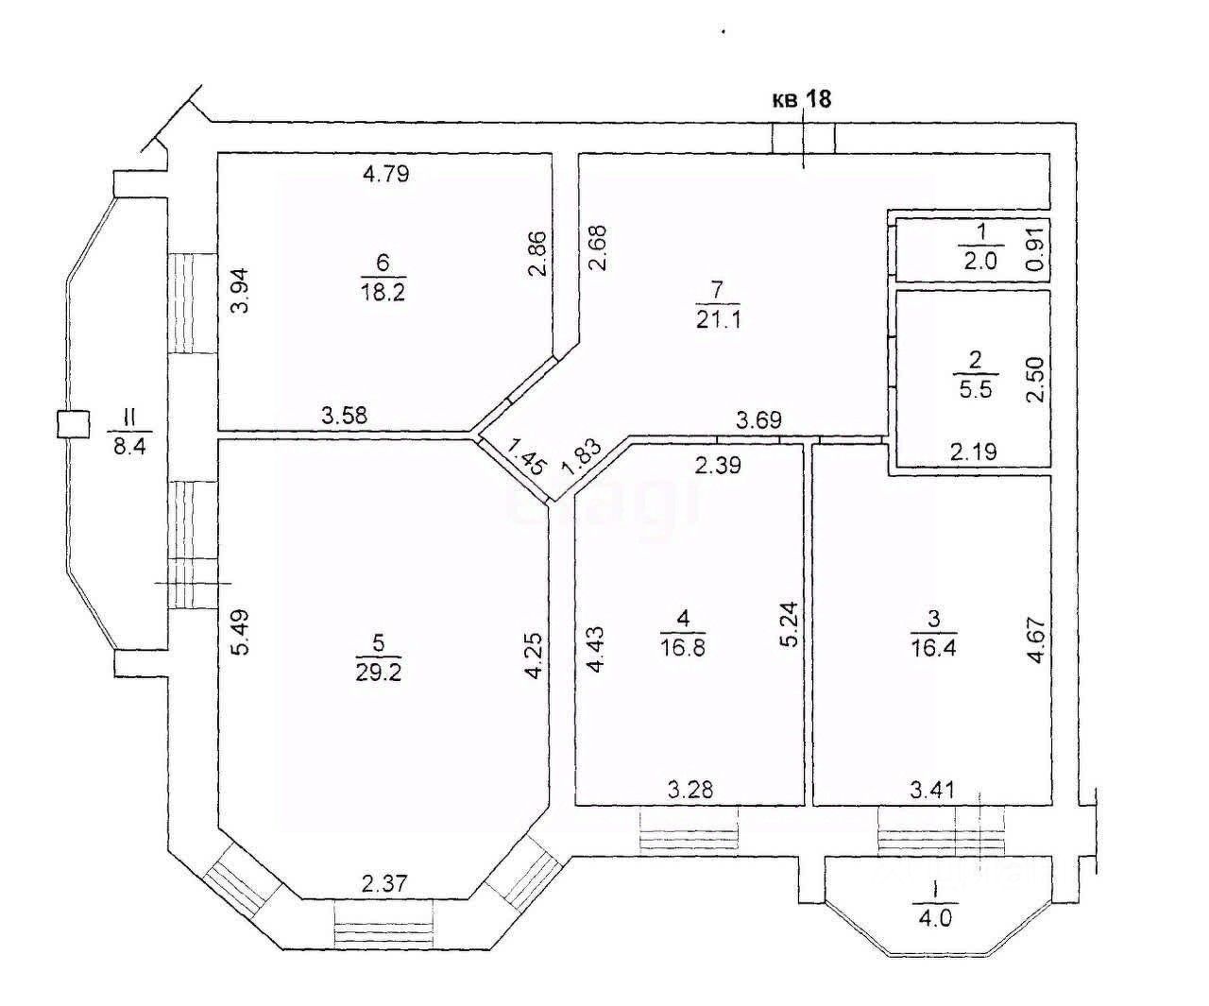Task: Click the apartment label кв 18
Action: click(x=802, y=99)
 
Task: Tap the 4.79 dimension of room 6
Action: click(x=385, y=173)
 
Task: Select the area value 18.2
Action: click(x=383, y=291)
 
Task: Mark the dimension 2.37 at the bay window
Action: click(x=383, y=884)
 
